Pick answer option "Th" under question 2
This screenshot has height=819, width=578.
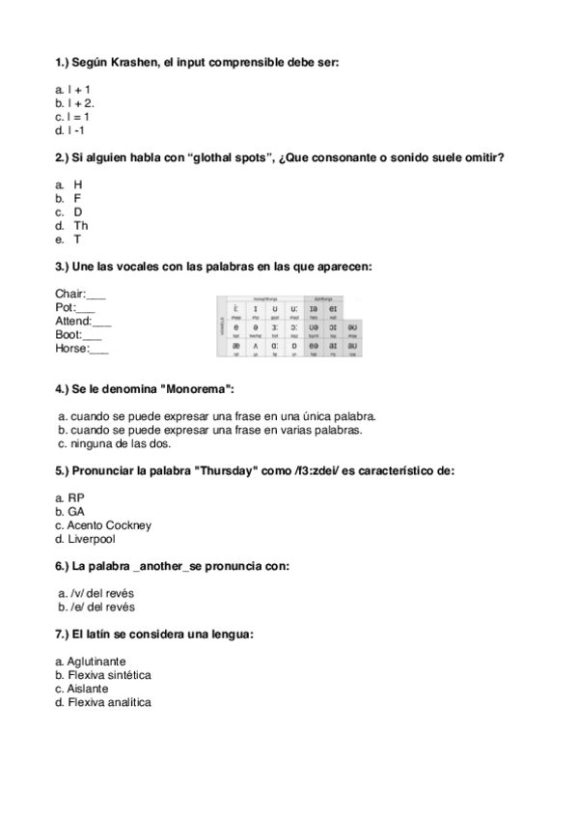click(x=80, y=225)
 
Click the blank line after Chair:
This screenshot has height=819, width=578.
click(x=96, y=294)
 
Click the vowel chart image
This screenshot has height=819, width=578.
click(x=289, y=326)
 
